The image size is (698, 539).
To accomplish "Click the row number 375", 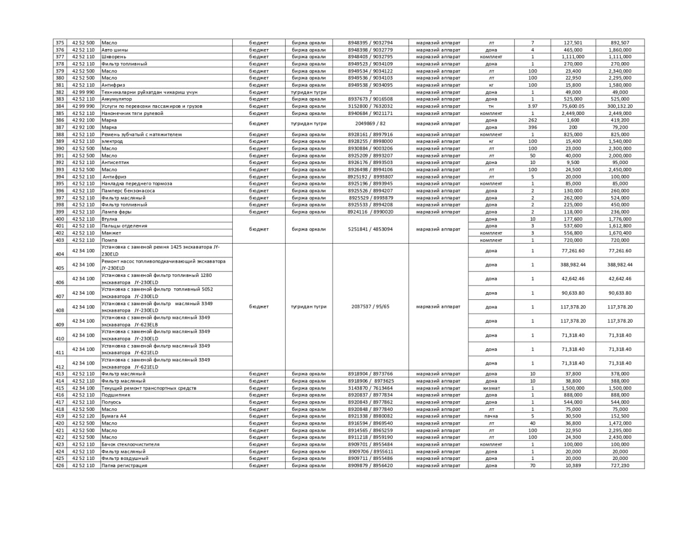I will (60, 43).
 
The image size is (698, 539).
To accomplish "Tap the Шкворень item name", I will (114, 57).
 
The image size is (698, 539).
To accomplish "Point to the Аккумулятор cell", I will (117, 99).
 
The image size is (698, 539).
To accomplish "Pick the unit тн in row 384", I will (491, 106).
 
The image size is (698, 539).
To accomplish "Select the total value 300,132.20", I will (619, 106).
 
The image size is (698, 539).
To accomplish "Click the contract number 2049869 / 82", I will (370, 124).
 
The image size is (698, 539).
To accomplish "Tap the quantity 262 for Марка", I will (533, 120).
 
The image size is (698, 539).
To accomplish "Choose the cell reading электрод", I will (112, 141).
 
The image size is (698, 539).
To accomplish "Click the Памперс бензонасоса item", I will (128, 191).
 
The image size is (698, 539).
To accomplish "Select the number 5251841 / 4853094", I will (370, 229).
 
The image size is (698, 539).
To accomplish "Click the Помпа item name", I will (110, 240).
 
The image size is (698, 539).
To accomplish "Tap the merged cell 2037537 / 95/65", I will (370, 307).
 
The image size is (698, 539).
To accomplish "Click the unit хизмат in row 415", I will (491, 388).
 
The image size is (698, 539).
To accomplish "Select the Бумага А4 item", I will (114, 416).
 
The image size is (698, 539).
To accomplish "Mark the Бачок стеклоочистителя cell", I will (131, 444).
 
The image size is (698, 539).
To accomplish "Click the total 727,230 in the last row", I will (619, 465).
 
